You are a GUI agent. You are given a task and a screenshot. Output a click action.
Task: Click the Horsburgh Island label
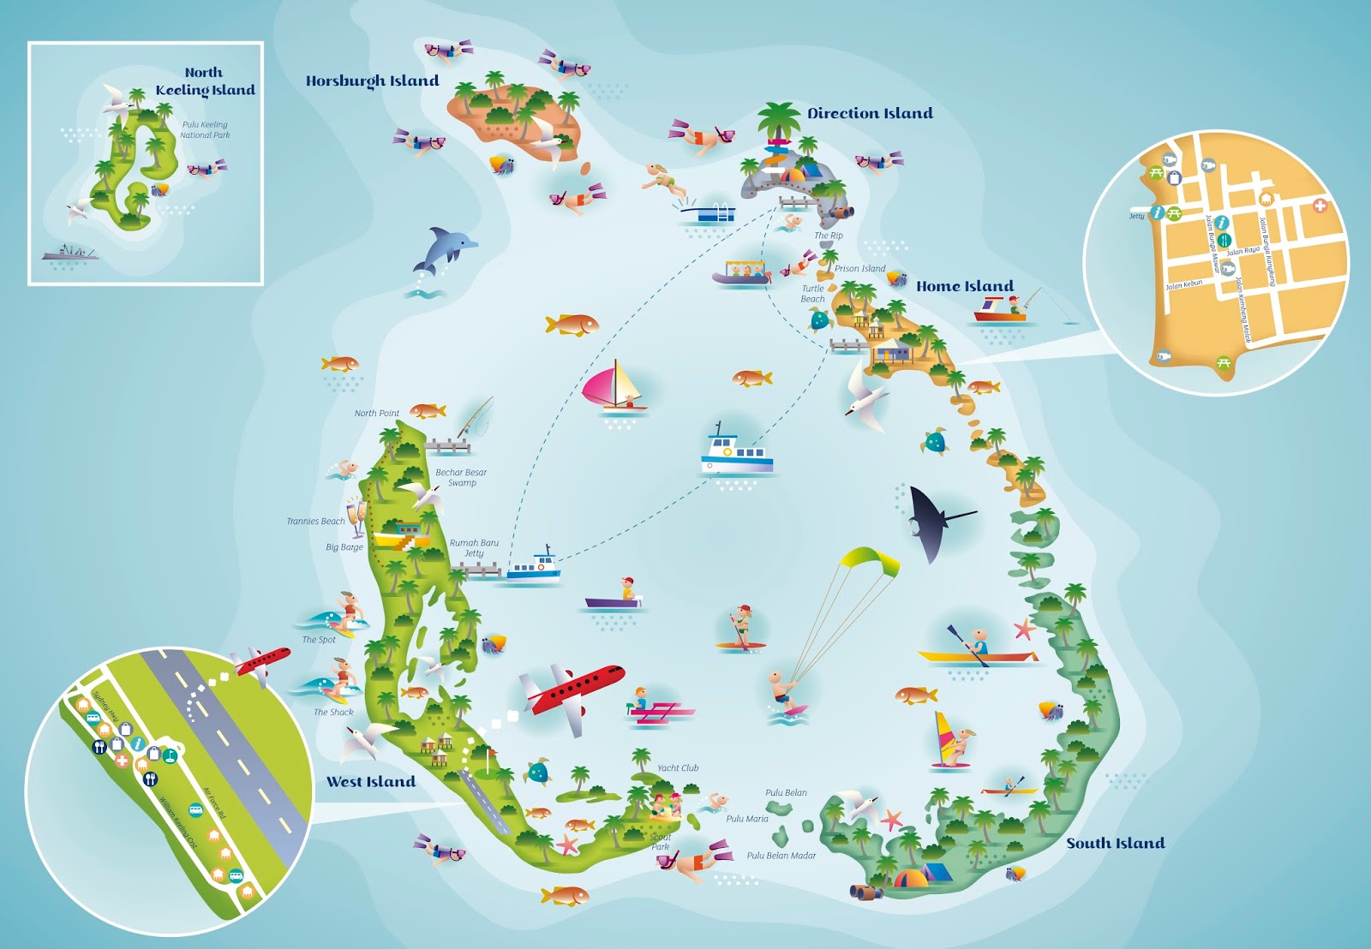tap(372, 81)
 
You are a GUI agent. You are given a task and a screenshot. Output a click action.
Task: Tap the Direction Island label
tap(870, 113)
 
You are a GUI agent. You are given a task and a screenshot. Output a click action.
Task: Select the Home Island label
tap(965, 286)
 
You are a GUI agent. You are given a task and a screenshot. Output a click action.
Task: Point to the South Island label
tap(1115, 843)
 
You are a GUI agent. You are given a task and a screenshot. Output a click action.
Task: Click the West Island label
tap(371, 781)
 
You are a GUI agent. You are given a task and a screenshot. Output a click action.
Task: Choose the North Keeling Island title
tap(205, 81)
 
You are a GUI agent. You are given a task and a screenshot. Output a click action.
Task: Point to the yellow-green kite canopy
tap(870, 561)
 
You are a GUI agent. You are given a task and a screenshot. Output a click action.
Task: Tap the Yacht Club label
tap(678, 768)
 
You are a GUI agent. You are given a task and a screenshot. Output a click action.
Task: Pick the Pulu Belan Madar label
tap(781, 856)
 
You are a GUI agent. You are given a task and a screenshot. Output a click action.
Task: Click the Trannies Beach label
tap(315, 521)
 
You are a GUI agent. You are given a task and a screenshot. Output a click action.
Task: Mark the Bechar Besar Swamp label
tap(461, 478)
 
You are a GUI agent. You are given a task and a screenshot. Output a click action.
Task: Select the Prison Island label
tap(859, 269)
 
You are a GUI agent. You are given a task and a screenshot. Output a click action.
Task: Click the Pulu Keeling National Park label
tap(205, 129)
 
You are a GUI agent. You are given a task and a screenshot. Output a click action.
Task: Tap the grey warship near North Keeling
tap(70, 254)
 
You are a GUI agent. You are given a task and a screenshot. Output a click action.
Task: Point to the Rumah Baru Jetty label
tap(474, 548)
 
